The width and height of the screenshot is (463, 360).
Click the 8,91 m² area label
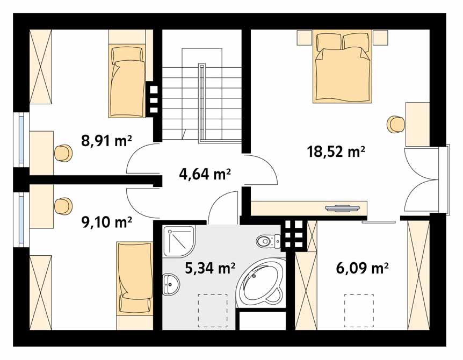click(x=106, y=141)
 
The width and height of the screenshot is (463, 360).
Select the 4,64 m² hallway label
click(x=205, y=174)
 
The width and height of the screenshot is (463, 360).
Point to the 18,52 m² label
click(x=336, y=152)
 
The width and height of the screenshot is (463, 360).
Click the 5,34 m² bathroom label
click(x=210, y=268)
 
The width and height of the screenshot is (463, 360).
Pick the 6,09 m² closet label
click(x=362, y=268)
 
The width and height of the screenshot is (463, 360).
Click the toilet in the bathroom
click(x=268, y=241)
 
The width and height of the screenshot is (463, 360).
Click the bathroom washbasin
click(x=171, y=284)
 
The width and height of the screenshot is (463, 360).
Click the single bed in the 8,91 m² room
click(x=127, y=81)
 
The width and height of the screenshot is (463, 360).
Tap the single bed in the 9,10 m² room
click(x=135, y=278)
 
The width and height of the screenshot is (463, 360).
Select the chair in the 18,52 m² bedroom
click(x=396, y=125)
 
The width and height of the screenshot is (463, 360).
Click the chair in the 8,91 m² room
click(x=63, y=153)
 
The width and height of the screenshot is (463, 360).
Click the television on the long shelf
click(x=343, y=208)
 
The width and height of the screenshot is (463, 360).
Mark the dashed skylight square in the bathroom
click(x=213, y=311)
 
